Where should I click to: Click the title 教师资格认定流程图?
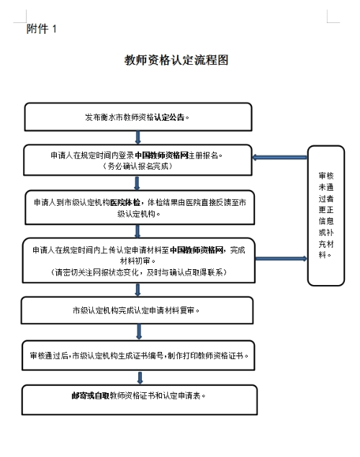coord(176,60)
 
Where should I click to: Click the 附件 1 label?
coord(41,29)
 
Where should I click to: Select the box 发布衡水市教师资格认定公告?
coord(138,117)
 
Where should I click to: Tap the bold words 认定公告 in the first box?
coord(169,117)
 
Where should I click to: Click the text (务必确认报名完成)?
coord(138,166)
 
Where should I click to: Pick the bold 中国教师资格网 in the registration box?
coord(162,155)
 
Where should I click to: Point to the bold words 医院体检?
coord(125,202)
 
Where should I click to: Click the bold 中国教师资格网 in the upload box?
coord(197,250)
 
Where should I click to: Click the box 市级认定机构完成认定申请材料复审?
coord(137,310)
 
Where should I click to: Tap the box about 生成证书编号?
coord(138,356)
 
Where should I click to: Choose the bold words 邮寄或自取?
coord(91,396)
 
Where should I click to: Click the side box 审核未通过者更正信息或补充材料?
coord(326,215)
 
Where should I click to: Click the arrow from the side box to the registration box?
coord(279,158)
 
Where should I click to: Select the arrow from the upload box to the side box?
coord(281,258)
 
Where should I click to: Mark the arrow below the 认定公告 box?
coord(138,137)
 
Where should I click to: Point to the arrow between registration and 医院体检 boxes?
coord(137,183)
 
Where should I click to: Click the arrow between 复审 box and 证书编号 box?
coord(139,332)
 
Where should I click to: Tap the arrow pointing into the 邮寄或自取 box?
coord(140,378)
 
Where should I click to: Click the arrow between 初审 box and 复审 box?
coord(138,290)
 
